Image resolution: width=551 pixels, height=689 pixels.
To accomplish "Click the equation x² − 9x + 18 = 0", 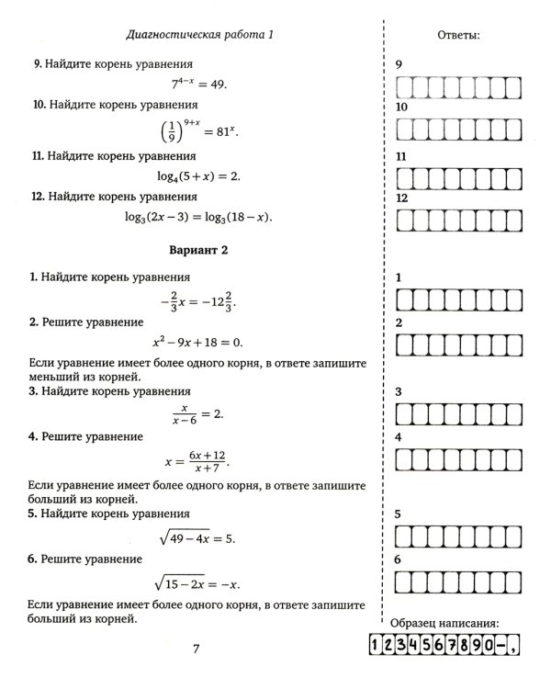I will [x=198, y=342].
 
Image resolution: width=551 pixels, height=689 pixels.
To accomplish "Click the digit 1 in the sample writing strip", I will [x=377, y=648].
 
